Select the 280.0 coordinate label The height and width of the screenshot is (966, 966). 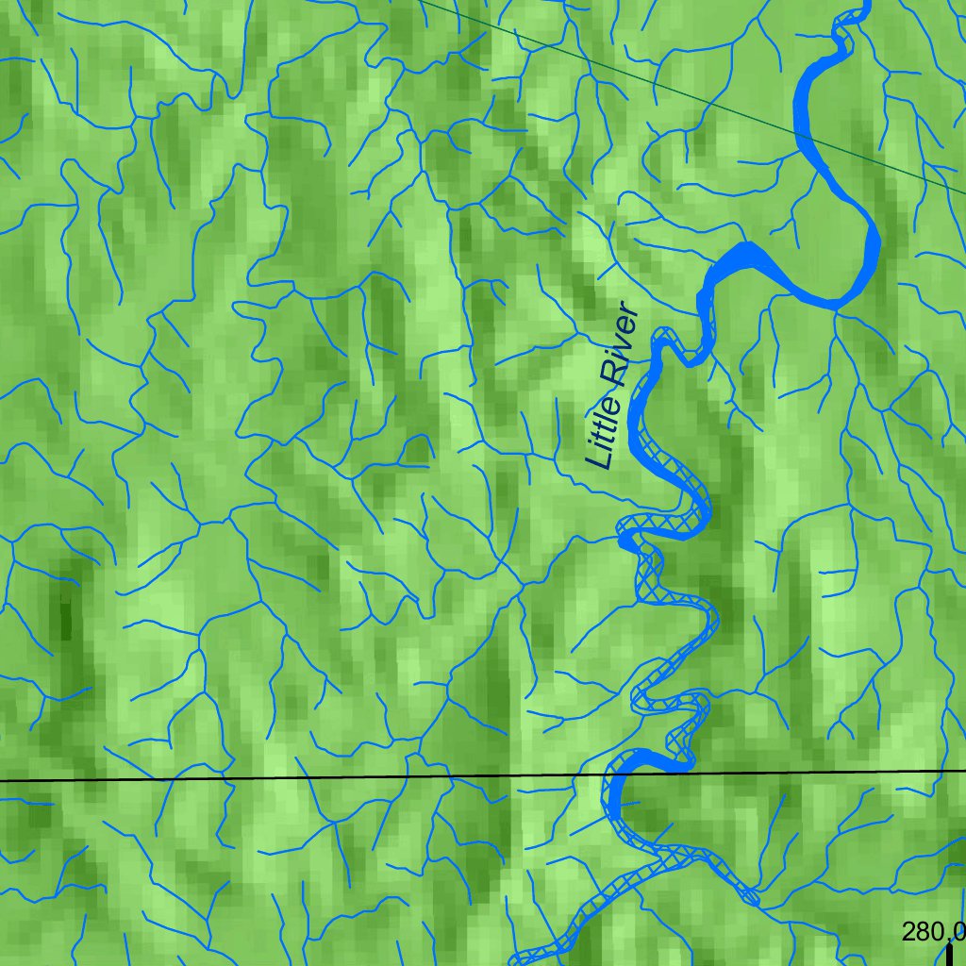[x=933, y=932]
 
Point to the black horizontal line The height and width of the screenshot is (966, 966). [x=283, y=778]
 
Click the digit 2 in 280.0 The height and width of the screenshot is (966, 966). [x=908, y=932]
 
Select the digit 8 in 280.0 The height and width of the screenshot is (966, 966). [x=921, y=932]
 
